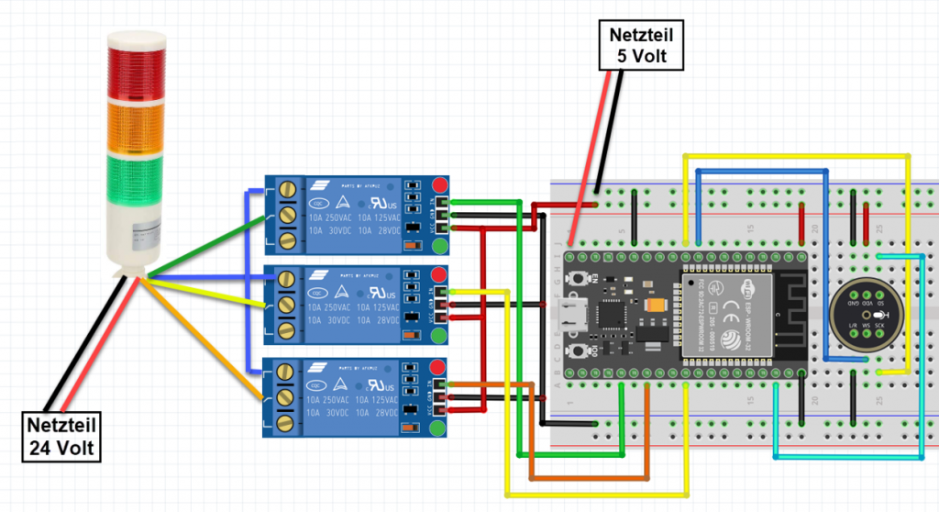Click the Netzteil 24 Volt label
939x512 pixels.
tap(62, 437)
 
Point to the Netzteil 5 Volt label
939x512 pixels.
tap(646, 46)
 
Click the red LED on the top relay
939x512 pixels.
tap(440, 184)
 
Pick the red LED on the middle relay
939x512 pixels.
tap(439, 273)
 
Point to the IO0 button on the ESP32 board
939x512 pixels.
tap(579, 351)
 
